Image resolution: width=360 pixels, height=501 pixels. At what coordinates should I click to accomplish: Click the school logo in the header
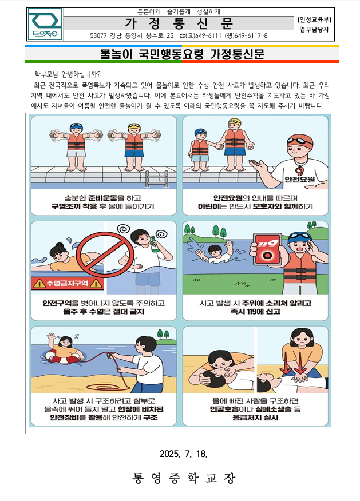coord(45,24)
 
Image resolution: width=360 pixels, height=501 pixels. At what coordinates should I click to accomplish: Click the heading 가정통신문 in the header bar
coord(179,23)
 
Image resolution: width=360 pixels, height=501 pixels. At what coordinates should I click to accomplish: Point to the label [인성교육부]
coord(314,20)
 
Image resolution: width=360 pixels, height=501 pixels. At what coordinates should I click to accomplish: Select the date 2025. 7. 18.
coord(184,454)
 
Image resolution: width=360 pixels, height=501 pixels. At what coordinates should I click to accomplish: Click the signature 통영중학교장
coord(184,478)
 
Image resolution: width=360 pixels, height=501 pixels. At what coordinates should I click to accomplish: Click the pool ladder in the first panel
coord(157,178)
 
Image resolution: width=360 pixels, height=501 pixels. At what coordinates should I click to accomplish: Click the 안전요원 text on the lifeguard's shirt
coord(299,180)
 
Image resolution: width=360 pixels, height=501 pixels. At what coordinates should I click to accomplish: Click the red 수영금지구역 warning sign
coord(67,284)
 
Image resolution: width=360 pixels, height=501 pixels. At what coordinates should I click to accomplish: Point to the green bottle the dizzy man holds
coord(154,244)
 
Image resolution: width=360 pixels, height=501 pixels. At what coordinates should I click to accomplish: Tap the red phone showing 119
coord(267,249)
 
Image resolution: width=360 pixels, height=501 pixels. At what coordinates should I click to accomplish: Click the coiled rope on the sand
coord(108,387)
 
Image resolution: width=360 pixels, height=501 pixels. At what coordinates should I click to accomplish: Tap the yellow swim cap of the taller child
coord(235,122)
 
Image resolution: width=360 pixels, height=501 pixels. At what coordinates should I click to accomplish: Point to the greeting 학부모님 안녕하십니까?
coord(67,74)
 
